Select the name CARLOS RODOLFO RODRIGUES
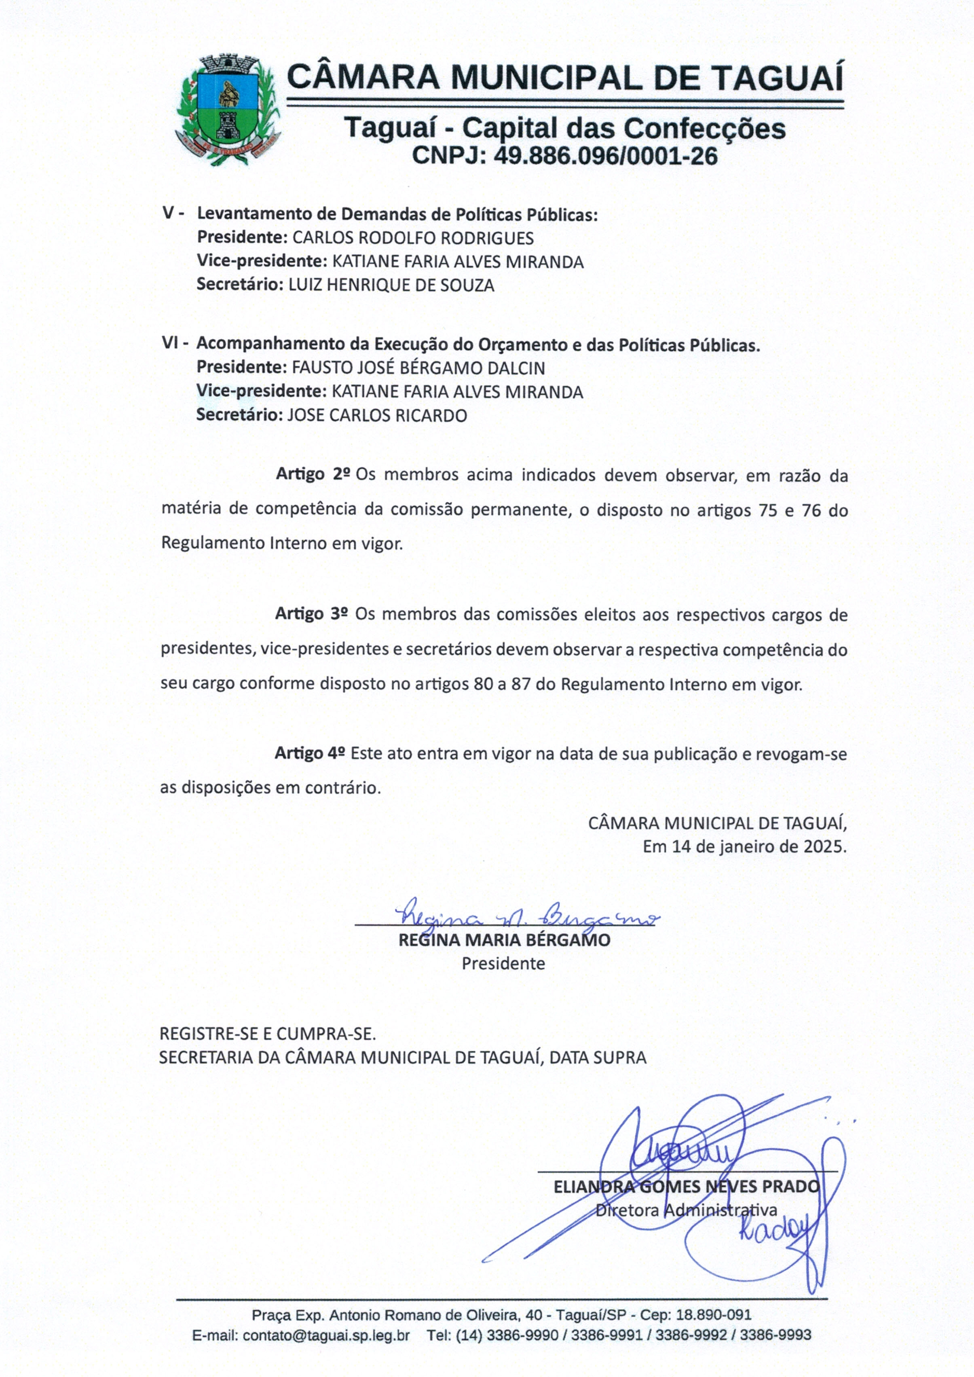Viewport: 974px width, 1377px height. (x=413, y=238)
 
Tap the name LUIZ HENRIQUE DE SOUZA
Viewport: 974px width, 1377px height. (x=391, y=286)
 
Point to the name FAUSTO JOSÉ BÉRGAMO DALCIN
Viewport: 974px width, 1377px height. (x=418, y=368)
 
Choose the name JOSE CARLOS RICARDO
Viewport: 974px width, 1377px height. (x=377, y=415)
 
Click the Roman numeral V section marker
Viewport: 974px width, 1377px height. (x=172, y=214)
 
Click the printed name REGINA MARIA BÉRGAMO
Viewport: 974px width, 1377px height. (x=504, y=940)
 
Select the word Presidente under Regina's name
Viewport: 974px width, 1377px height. (x=503, y=964)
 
